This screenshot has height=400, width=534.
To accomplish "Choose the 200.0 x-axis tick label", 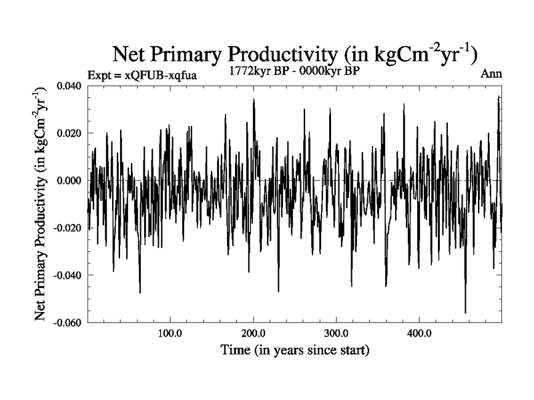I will pyautogui.click(x=253, y=333).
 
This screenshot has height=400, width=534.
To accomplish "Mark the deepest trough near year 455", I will pyautogui.click(x=465, y=313).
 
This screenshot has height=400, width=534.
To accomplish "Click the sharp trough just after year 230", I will pyautogui.click(x=278, y=291).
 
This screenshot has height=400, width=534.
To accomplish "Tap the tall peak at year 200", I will pyautogui.click(x=254, y=99).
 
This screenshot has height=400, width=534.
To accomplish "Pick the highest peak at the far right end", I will pyautogui.click(x=498, y=96).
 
